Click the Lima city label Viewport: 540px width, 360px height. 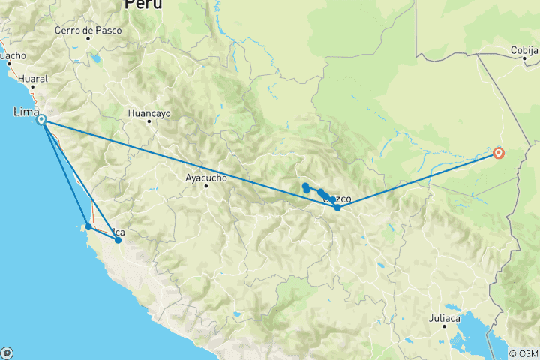click(25, 112)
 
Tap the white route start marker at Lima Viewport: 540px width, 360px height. click(42, 120)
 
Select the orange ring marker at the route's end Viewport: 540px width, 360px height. click(499, 154)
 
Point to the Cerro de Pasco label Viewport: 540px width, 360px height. click(84, 31)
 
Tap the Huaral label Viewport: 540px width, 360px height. click(33, 78)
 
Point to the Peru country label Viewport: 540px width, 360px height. click(143, 4)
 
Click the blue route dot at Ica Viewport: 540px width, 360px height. click(118, 240)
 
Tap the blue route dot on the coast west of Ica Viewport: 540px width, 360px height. click(88, 226)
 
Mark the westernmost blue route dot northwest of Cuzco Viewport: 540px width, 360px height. click(306, 186)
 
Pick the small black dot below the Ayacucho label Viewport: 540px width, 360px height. click(205, 185)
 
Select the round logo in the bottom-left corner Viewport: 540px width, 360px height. click(7, 352)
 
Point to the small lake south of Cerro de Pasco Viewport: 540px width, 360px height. click(95, 58)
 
